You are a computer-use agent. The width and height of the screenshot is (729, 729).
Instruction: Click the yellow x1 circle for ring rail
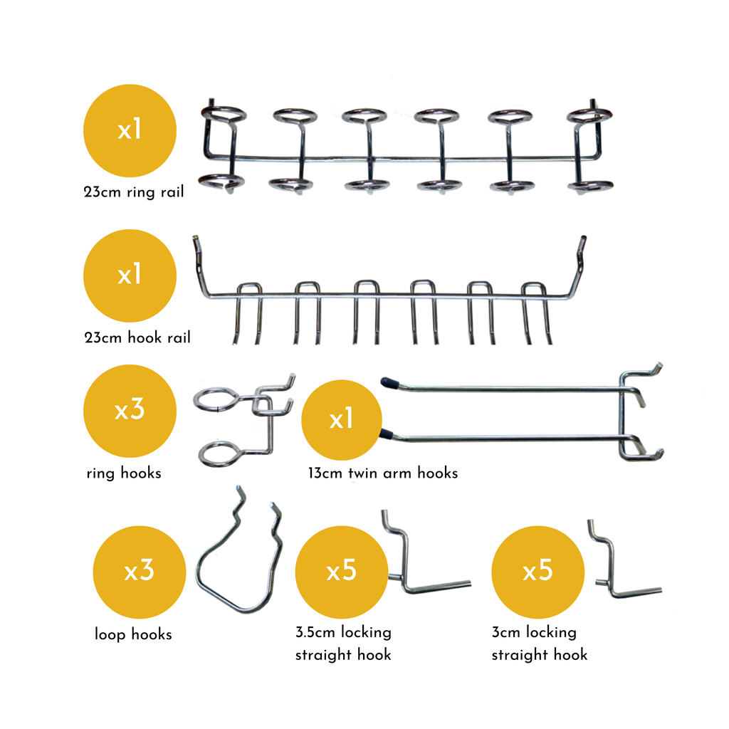(130, 130)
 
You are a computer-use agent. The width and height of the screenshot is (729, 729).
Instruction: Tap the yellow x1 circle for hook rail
(130, 275)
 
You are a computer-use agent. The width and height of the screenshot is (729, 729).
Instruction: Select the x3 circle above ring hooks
(130, 410)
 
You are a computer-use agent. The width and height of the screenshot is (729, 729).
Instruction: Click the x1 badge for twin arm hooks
(342, 420)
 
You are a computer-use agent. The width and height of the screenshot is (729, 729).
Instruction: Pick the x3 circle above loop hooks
(140, 572)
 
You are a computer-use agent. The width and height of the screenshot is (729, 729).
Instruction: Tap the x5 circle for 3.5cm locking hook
(342, 572)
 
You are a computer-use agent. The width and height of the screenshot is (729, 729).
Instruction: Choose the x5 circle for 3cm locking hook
(537, 572)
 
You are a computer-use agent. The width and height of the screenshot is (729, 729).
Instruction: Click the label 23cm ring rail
(133, 192)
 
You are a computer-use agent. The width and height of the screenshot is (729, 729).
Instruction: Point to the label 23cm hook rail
(137, 337)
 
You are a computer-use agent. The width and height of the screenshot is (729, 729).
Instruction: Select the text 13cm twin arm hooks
(383, 473)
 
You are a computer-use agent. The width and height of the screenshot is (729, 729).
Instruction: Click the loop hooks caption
(133, 634)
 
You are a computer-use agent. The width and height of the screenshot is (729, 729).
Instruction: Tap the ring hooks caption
(123, 473)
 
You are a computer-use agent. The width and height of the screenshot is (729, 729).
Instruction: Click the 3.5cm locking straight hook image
(420, 562)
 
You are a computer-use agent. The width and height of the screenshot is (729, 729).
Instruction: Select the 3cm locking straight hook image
(619, 566)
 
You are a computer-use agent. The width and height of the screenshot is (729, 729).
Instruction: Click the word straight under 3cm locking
(520, 655)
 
